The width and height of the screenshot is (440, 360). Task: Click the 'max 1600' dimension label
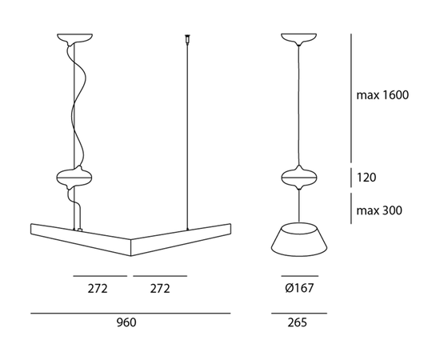[383, 95]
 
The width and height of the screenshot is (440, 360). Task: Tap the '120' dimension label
[367, 177]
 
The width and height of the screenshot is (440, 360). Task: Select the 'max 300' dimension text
[379, 211]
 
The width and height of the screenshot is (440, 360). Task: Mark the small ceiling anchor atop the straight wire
[188, 37]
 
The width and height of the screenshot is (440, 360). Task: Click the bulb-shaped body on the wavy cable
[74, 177]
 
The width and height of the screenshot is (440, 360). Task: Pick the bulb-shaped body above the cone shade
[296, 177]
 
